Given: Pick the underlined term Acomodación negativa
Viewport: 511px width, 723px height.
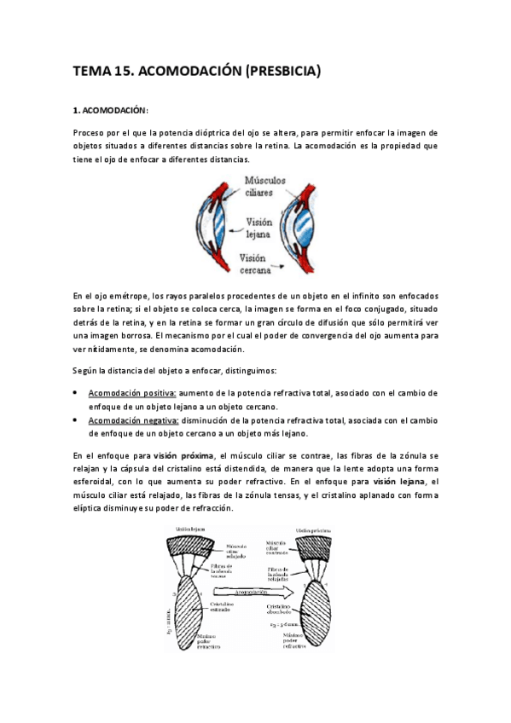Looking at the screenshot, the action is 134,420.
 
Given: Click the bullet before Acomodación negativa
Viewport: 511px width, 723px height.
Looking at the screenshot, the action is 77,420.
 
